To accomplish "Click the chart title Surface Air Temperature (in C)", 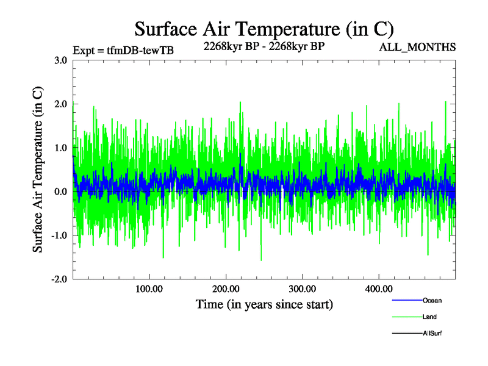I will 264,29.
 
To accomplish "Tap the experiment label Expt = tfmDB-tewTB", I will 123,51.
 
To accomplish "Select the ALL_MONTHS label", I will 418,48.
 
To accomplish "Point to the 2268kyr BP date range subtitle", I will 264,45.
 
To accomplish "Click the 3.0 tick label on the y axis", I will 60,60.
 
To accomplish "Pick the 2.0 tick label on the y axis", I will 60,104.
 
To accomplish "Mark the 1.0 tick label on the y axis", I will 60,148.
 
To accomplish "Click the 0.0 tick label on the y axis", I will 60,192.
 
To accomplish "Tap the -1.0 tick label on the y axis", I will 59,235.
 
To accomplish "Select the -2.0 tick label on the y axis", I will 59,279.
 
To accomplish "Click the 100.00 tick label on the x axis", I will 149,289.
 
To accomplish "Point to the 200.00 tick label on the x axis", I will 226,289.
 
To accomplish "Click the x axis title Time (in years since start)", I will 264,304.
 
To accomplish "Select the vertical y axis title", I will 38,170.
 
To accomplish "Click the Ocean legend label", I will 432,301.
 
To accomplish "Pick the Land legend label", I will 429,317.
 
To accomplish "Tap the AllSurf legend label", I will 432,334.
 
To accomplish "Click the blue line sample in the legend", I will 406,301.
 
